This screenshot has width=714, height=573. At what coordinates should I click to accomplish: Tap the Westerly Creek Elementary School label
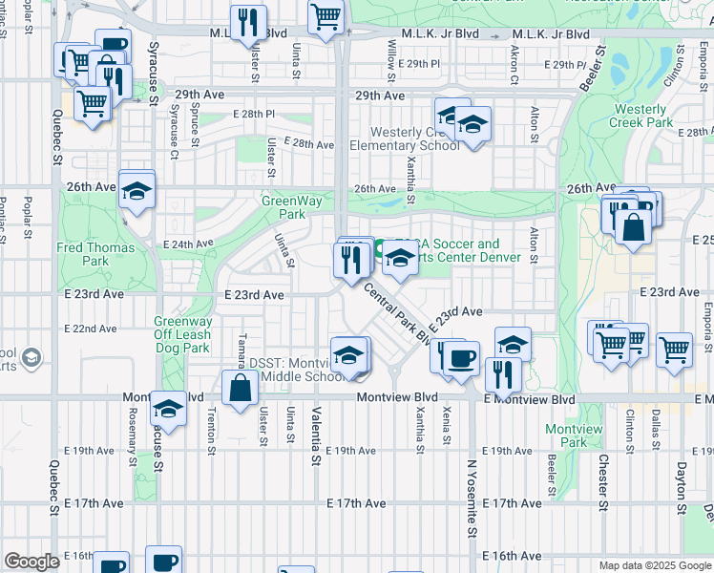(404, 138)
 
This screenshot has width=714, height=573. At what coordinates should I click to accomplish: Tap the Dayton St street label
(682, 490)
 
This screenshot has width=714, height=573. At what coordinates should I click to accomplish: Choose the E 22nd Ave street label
(92, 329)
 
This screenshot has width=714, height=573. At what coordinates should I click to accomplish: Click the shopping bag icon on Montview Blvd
(240, 387)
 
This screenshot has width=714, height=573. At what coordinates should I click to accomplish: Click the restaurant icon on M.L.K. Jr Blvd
(249, 21)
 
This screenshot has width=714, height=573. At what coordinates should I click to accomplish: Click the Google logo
(32, 562)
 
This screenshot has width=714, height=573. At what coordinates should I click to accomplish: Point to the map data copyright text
(654, 565)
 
